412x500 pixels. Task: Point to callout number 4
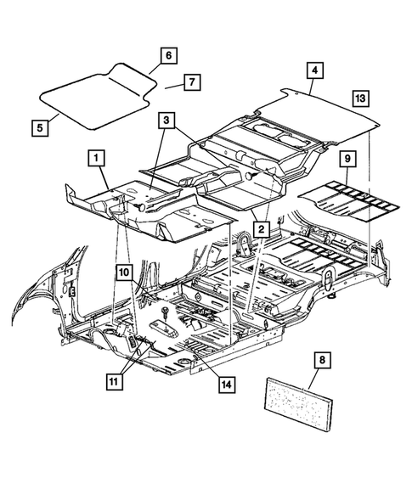(x=314, y=71)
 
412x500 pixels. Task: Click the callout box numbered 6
(x=168, y=55)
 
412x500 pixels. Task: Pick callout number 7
(x=192, y=82)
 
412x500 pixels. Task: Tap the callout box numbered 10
(x=124, y=272)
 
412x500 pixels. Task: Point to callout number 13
(x=360, y=99)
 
